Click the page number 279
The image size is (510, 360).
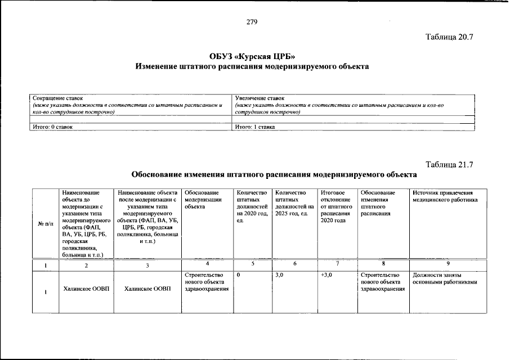252,22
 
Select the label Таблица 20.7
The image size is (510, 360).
449,38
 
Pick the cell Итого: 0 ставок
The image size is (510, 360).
52,127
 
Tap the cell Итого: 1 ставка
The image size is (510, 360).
255,127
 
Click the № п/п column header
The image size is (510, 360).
45,224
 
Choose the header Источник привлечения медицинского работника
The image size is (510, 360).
445,196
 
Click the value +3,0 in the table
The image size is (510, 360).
326,275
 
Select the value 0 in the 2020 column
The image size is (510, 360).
239,275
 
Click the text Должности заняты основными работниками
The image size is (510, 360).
445,278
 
